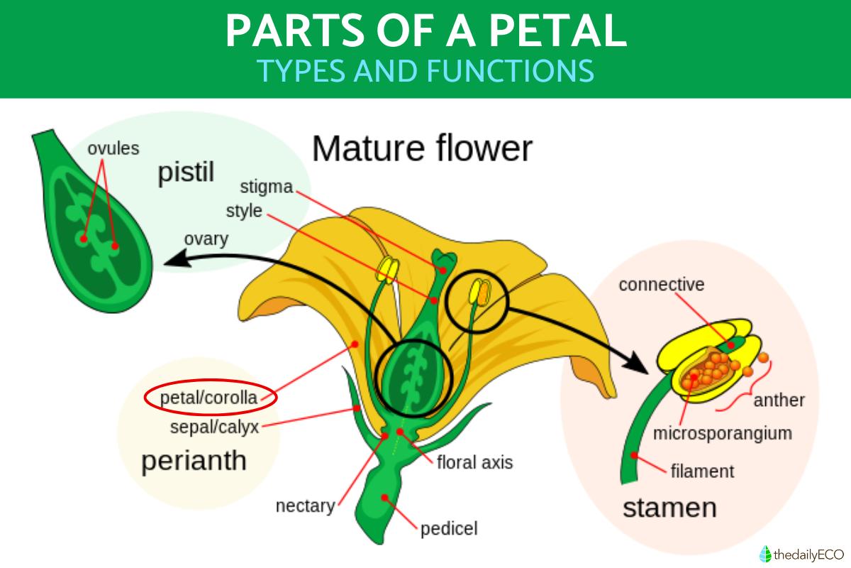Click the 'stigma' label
[x=266, y=187]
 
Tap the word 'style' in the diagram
[x=244, y=212]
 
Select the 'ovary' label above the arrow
[x=206, y=239]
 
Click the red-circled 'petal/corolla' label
[x=209, y=398]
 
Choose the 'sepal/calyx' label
[x=215, y=427]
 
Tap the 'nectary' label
[x=305, y=506]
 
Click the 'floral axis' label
[x=474, y=463]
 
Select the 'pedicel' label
[x=449, y=528]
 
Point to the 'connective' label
[x=661, y=285]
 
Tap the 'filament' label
[x=702, y=471]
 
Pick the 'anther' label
[x=779, y=400]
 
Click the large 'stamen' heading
[x=669, y=508]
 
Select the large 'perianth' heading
[x=194, y=461]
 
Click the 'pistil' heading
[x=186, y=172]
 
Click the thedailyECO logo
[x=798, y=553]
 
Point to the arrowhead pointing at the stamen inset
[x=638, y=364]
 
